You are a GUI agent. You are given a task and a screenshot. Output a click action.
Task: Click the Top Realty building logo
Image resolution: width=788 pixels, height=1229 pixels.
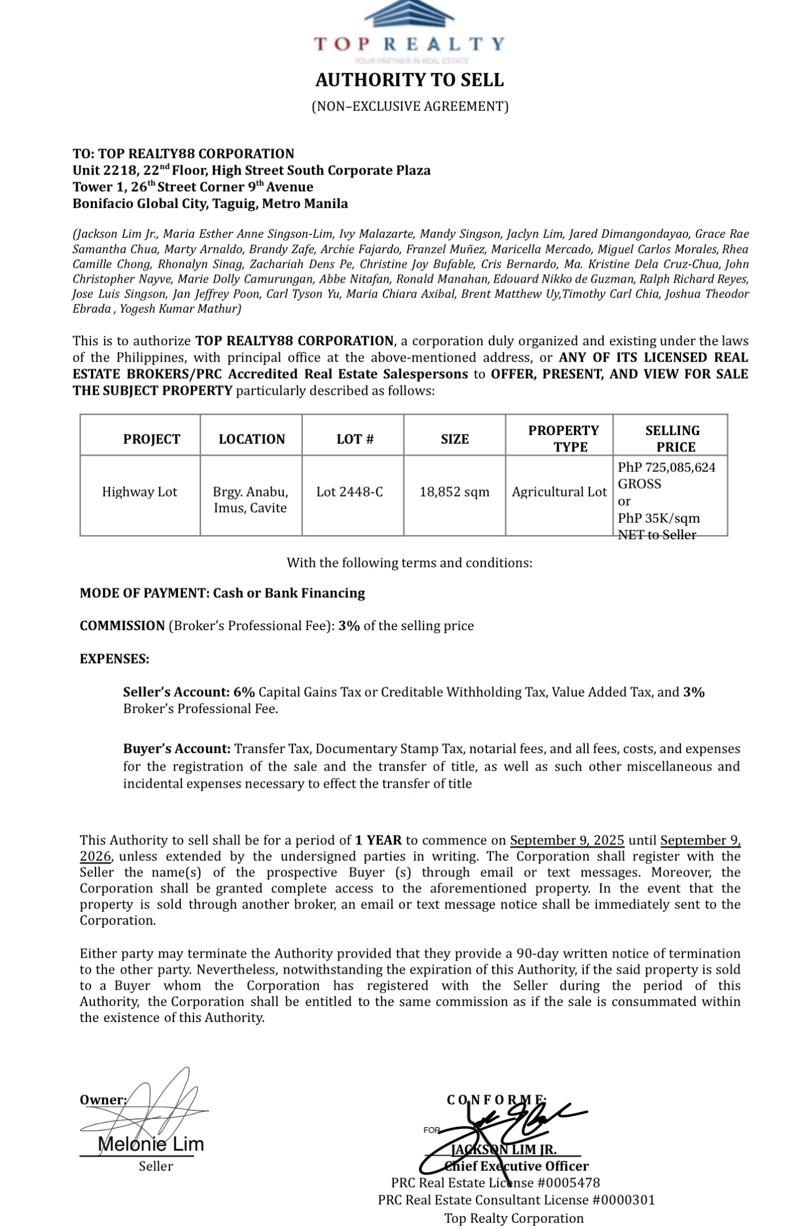tap(409, 14)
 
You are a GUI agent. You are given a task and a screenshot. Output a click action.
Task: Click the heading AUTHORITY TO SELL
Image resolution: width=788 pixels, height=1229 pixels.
tap(410, 80)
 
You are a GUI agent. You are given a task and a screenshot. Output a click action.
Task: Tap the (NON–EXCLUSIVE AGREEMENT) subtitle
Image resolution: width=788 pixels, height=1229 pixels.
tap(410, 106)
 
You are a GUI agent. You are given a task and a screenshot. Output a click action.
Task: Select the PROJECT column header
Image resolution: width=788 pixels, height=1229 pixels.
tap(151, 439)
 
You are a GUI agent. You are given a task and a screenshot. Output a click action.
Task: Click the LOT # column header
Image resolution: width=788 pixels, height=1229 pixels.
tap(355, 439)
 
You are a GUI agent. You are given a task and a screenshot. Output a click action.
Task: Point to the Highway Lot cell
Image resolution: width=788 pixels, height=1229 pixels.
tap(139, 492)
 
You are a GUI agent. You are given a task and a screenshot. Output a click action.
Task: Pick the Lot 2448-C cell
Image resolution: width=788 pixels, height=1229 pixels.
tap(349, 492)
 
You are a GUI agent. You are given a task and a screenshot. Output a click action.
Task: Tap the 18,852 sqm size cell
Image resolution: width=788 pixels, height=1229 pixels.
tap(455, 492)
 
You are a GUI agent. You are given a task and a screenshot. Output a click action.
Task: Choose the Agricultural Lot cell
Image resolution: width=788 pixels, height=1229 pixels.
tap(559, 492)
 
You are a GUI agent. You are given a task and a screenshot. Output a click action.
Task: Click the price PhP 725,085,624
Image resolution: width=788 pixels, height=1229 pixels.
tap(667, 467)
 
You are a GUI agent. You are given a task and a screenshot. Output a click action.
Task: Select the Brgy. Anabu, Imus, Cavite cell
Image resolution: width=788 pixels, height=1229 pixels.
tap(250, 500)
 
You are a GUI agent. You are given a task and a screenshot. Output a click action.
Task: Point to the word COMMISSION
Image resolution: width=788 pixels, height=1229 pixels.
tap(122, 626)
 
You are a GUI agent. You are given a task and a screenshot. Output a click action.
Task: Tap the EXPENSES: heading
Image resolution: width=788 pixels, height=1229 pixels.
tap(114, 659)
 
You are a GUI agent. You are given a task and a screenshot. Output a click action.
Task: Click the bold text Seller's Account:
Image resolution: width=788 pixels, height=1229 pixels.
tap(176, 692)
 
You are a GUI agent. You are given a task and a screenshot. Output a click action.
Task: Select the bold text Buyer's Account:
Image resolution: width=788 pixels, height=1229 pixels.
tap(177, 749)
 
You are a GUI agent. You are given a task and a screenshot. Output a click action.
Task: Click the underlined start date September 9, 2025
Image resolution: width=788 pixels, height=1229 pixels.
tap(567, 841)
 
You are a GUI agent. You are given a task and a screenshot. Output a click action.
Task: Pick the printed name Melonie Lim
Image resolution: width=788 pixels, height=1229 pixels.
tap(151, 1144)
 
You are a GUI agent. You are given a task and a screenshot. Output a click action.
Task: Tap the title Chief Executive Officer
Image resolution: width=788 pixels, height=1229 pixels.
tap(517, 1166)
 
